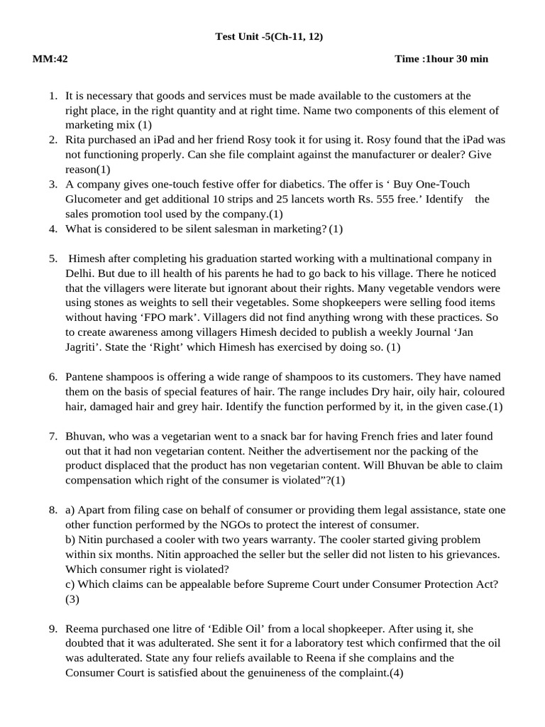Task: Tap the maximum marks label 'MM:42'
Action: tap(50, 59)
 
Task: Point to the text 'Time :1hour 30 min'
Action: tap(441, 59)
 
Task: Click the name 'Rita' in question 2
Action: tap(77, 140)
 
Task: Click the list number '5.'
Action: tap(53, 258)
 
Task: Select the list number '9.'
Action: tap(53, 629)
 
